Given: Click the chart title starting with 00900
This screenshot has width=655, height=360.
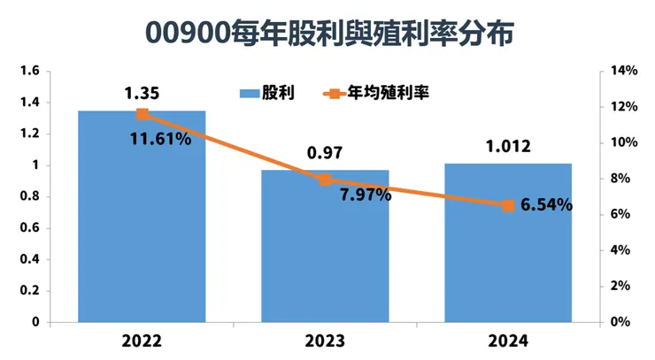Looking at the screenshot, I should (x=327, y=34).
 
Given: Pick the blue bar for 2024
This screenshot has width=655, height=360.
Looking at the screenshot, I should (x=508, y=243).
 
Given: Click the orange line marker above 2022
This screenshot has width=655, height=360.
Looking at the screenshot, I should (x=142, y=114).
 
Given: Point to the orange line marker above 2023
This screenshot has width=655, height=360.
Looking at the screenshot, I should (x=325, y=180).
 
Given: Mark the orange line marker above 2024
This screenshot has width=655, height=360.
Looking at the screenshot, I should (x=508, y=205).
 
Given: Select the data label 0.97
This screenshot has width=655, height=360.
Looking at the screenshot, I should (x=325, y=153).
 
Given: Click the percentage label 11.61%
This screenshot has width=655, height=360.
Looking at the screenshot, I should (x=160, y=139).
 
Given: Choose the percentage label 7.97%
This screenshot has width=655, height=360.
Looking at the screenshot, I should (x=366, y=195).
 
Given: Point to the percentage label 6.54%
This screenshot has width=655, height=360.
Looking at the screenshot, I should (x=546, y=205).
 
